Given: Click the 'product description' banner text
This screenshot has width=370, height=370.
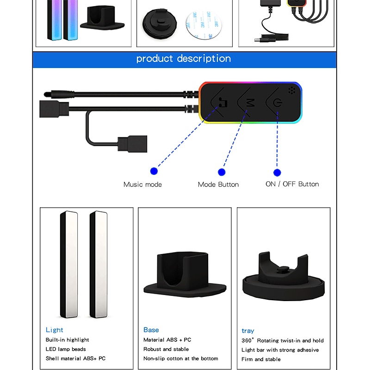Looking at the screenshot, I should click(x=184, y=59).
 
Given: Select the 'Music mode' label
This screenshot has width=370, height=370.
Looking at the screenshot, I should click(x=142, y=185).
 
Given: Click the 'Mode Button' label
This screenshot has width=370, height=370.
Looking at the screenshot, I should click(x=218, y=185).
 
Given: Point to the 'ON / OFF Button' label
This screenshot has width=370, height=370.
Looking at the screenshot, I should click(x=292, y=184).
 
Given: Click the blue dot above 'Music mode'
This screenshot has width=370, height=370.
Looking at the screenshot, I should click(x=154, y=171).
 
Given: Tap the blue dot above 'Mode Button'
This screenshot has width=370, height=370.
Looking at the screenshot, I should click(x=222, y=172).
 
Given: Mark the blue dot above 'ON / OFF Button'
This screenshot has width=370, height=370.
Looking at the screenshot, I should click(x=277, y=172).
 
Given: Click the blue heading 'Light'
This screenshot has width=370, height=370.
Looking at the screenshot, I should click(x=54, y=330).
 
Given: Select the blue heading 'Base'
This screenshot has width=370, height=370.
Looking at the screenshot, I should click(x=151, y=330).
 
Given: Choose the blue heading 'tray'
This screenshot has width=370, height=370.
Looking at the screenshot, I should click(x=248, y=331).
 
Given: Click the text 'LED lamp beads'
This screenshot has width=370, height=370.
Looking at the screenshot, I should click(x=66, y=349).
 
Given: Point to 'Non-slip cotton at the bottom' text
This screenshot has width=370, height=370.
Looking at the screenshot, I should click(x=180, y=358).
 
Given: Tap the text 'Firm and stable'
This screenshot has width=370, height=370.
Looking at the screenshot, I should click(x=261, y=359).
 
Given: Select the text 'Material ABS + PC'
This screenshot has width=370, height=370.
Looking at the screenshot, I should click(x=167, y=340).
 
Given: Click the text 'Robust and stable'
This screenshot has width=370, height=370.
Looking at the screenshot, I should click(x=166, y=349).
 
